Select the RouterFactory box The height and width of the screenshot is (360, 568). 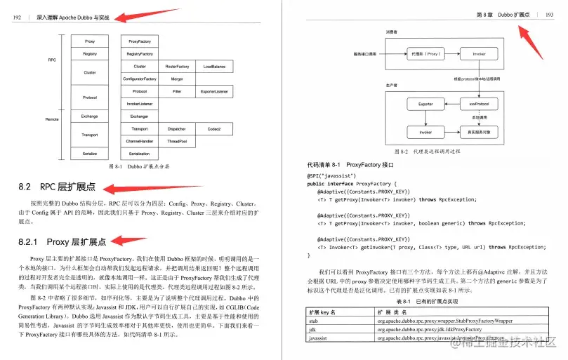(x=177, y=67)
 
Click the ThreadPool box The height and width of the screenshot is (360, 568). (x=177, y=141)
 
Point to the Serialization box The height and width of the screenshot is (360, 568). (x=139, y=153)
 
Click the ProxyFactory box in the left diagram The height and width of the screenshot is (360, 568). (x=139, y=41)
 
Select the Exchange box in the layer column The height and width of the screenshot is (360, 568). (x=90, y=116)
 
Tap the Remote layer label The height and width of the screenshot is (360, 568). (x=52, y=119)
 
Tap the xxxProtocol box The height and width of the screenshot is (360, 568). (x=478, y=104)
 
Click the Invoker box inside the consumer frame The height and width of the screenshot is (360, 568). (x=478, y=53)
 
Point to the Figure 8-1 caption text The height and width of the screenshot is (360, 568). (x=139, y=167)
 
